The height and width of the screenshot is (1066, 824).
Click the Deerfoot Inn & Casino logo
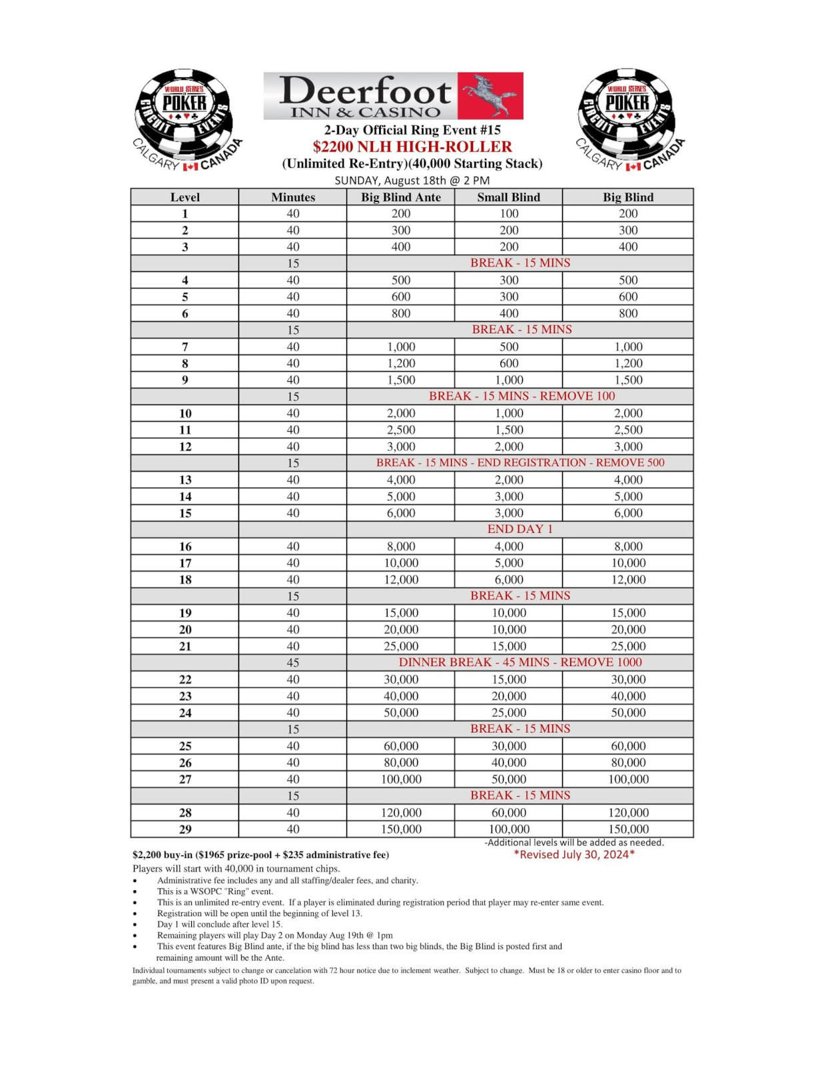click(393, 96)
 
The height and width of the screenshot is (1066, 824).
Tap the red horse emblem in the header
click(490, 96)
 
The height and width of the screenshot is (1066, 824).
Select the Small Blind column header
click(508, 197)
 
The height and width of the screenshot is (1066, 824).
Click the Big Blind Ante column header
click(400, 197)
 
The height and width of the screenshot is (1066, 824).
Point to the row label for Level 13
click(185, 480)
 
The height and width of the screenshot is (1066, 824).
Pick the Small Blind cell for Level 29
click(509, 829)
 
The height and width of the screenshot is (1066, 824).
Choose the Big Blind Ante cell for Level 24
click(401, 713)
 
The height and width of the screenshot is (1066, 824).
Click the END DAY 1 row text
click(520, 529)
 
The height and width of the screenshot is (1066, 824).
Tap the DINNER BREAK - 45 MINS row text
click(520, 662)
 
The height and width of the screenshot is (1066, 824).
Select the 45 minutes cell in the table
click(293, 663)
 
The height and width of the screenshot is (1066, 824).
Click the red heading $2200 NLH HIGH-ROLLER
click(412, 147)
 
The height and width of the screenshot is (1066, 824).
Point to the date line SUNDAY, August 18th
click(412, 181)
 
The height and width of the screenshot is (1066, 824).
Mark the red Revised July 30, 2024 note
click(574, 855)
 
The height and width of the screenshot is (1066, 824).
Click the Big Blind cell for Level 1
click(628, 214)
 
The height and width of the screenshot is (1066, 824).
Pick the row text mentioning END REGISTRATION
click(520, 462)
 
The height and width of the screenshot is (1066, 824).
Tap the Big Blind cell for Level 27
click(628, 780)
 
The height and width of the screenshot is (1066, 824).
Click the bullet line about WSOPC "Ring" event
click(215, 891)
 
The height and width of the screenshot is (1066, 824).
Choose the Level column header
click(185, 197)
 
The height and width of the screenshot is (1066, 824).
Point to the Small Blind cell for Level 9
click(509, 380)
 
